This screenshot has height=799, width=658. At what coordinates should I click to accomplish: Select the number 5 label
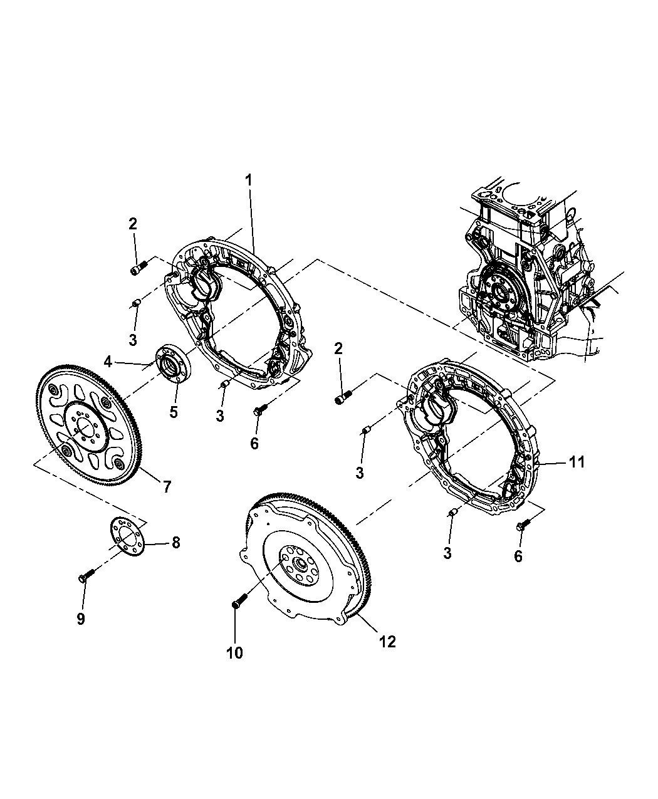(x=174, y=412)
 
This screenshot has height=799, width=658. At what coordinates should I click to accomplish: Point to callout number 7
(x=167, y=486)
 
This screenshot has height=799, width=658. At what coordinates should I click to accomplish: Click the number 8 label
(x=175, y=543)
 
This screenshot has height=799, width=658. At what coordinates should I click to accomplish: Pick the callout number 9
(x=81, y=619)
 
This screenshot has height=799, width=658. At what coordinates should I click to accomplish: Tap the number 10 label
(x=234, y=652)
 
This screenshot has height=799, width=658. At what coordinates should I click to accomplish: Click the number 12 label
(x=388, y=642)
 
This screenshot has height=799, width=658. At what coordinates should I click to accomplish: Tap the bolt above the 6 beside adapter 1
(x=258, y=410)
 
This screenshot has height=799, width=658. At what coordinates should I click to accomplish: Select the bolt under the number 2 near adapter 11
(x=343, y=397)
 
